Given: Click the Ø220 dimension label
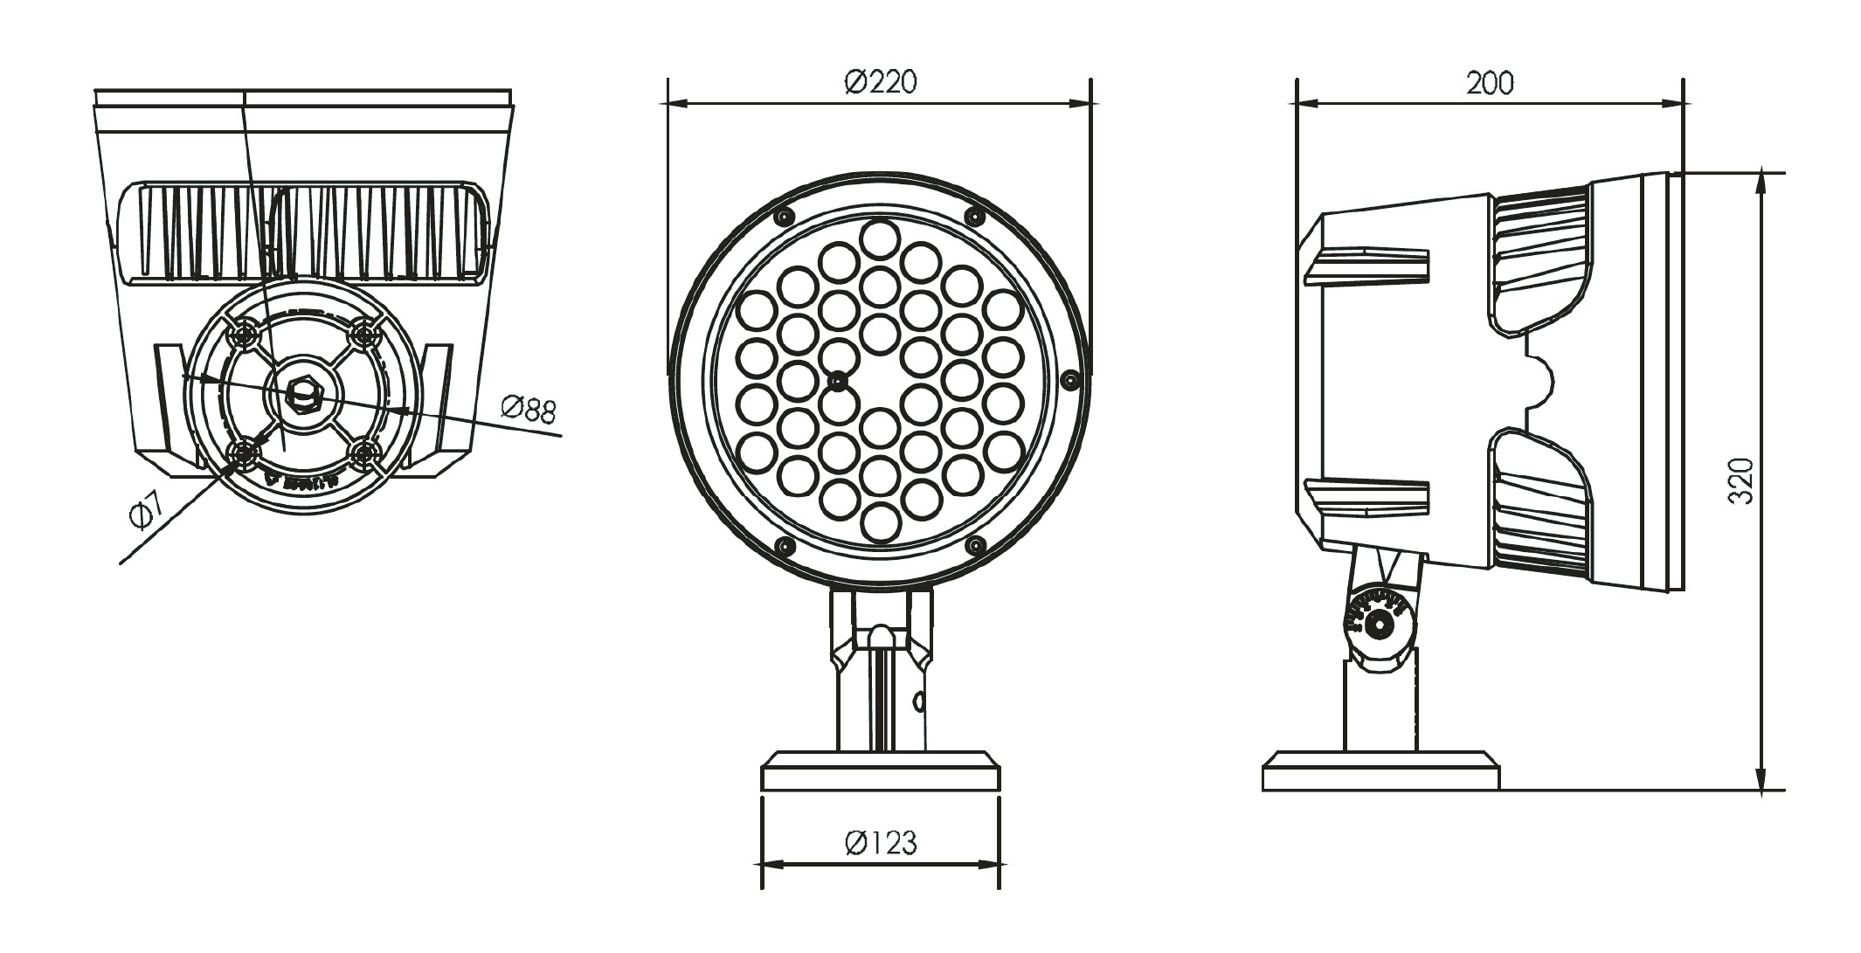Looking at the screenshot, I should point(881,82).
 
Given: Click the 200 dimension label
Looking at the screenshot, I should point(1490,83).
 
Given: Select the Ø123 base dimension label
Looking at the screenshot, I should point(881,843).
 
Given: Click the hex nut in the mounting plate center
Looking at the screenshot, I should point(302,393).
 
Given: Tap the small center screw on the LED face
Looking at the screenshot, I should point(838,381).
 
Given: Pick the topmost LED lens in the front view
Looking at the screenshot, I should point(879,238).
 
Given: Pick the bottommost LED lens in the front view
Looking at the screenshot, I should point(880,522).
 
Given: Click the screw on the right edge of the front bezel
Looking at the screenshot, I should point(1069,380).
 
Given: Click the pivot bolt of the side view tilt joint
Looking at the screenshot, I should point(1380,624).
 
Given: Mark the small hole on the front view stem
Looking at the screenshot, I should point(918,701).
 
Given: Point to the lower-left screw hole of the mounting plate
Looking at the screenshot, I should point(242,452).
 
